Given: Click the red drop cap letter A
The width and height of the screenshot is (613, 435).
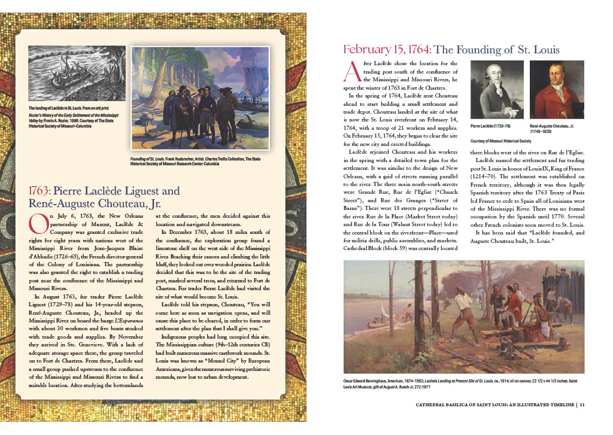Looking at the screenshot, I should [x=352, y=71].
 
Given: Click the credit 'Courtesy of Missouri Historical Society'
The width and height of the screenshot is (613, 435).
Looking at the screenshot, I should [x=501, y=141].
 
